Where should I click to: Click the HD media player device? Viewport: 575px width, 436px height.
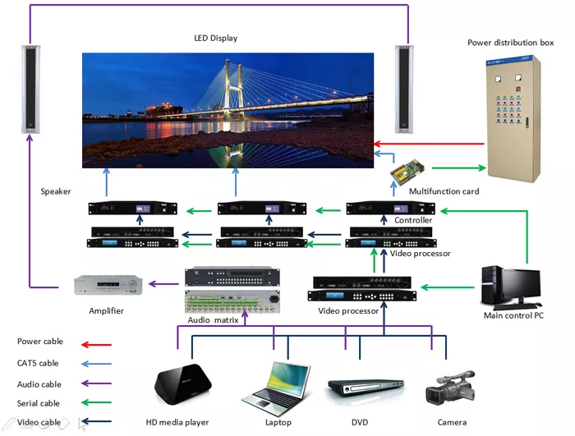[182, 383]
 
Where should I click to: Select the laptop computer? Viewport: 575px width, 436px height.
[277, 383]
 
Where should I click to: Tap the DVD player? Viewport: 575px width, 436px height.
[366, 387]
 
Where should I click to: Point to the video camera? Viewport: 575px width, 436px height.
[450, 387]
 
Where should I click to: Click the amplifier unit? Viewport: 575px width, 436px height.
[108, 285]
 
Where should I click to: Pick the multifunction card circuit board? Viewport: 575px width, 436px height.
[407, 172]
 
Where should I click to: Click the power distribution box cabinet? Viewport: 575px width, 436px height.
[513, 118]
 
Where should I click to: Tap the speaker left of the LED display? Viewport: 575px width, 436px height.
[30, 89]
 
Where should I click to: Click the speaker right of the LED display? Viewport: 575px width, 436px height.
[404, 89]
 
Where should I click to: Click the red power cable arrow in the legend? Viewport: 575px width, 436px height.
[96, 345]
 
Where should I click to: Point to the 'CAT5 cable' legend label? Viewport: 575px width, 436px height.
[38, 363]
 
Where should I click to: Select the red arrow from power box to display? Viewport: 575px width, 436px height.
[429, 144]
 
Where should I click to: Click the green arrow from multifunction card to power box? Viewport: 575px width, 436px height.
[459, 168]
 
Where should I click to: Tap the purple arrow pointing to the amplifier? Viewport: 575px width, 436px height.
[163, 283]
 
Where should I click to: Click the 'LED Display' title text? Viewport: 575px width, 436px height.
[215, 38]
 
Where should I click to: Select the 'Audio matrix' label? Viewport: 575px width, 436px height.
[213, 320]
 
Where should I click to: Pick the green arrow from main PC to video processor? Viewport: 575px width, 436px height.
[448, 287]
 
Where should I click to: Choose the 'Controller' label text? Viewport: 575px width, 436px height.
[413, 220]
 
